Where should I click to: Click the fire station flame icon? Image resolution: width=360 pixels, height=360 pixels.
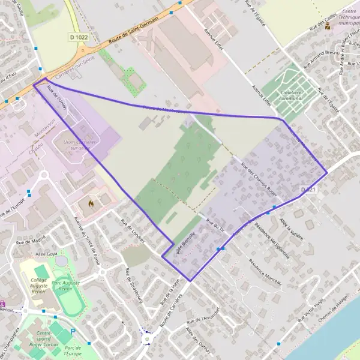[x=91, y=204]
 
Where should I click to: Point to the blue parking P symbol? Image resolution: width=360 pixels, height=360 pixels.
[x=73, y=331]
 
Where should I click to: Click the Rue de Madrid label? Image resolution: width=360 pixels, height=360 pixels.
[x=31, y=239]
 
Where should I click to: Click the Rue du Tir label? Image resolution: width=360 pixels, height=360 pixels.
[x=214, y=224]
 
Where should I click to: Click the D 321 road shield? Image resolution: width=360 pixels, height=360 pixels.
[x=308, y=190]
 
